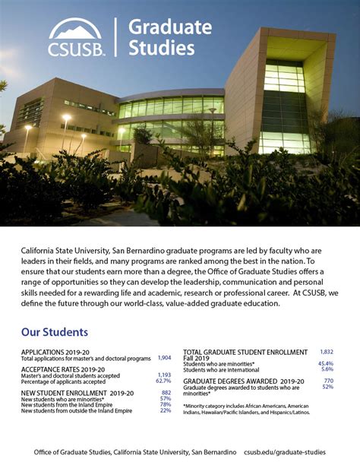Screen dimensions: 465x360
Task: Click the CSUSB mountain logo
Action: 75,30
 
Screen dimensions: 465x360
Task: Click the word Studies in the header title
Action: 161,49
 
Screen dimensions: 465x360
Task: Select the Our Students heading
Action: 55,332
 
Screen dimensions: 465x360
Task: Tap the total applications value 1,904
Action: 164,358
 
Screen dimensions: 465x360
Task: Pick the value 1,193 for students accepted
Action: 163,375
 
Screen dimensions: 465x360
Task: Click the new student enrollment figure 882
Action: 166,393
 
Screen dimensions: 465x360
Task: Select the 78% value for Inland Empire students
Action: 166,404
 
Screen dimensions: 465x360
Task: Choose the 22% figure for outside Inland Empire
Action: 166,410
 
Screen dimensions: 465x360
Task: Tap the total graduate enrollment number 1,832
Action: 327,353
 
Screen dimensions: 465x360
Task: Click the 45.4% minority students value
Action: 325,364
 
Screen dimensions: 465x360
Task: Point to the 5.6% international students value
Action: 327,369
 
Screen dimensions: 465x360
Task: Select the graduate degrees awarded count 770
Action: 328,381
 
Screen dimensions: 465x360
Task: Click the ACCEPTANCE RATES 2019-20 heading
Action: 62,369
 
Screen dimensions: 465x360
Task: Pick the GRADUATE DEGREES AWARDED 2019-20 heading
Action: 243,381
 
